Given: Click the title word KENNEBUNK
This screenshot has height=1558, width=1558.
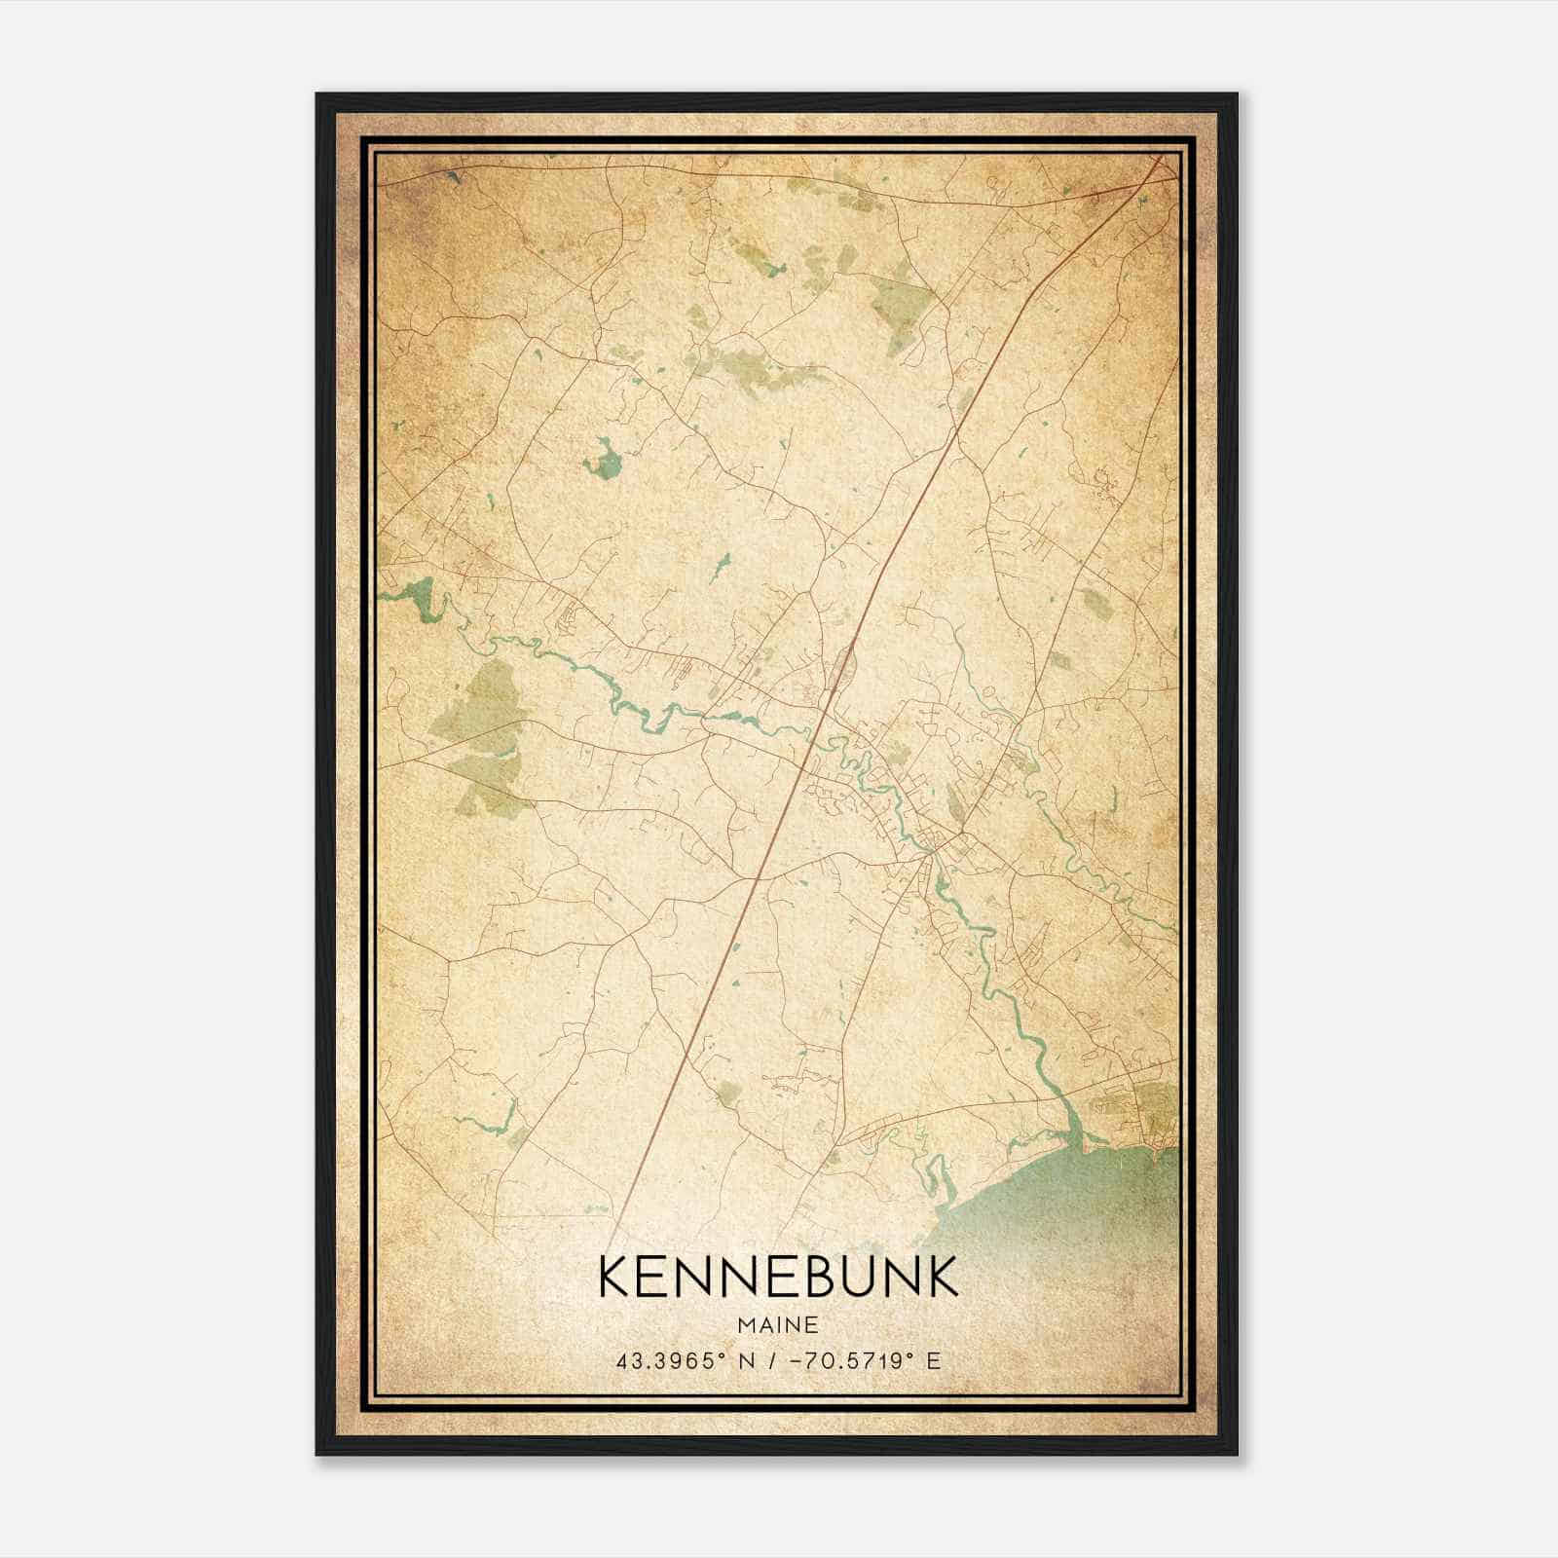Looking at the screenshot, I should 778,1277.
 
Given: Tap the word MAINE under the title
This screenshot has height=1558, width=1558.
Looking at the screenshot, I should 778,1325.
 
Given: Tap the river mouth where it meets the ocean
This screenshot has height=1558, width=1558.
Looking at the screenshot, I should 1071,1130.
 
